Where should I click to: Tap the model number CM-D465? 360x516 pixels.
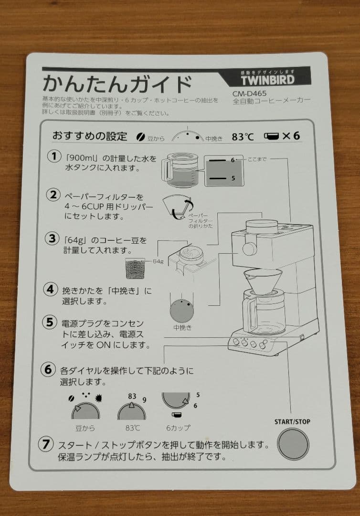tap(250, 94)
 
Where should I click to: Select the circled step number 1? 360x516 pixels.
tap(54, 156)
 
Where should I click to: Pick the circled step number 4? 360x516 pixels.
tap(51, 290)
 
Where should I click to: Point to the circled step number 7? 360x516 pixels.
tap(46, 444)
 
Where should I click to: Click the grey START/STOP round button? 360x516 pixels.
tap(293, 444)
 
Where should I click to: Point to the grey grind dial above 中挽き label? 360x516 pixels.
tap(182, 311)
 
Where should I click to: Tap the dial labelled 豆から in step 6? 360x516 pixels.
tap(85, 411)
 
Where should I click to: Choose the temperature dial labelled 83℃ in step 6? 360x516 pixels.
tap(131, 411)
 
